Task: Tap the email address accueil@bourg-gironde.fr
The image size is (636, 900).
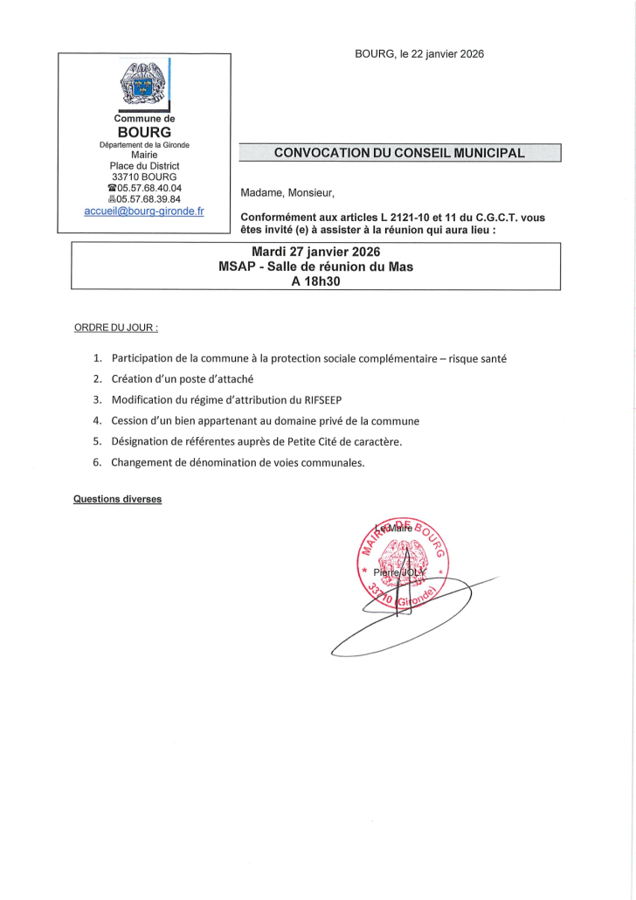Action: pos(144,211)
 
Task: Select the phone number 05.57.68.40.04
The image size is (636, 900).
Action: pos(149,188)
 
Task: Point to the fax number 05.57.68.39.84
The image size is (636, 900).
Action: pos(149,199)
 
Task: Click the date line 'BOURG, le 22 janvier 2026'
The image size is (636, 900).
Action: pos(419,54)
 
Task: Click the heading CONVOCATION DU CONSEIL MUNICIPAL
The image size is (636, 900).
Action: pos(399,153)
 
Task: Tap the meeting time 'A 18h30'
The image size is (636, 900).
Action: pos(315,280)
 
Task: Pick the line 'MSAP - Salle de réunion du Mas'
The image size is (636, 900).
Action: pos(315,267)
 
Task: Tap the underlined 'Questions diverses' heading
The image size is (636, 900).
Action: pos(117,500)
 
